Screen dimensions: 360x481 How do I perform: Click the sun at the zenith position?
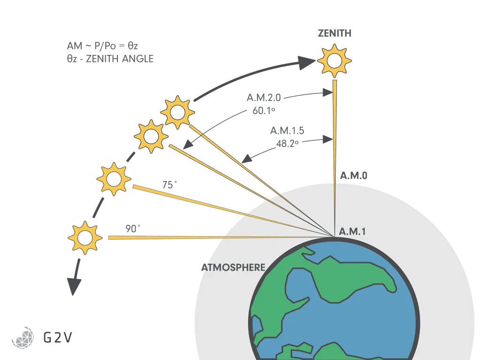click(x=334, y=61)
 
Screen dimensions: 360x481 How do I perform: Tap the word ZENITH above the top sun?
click(x=334, y=33)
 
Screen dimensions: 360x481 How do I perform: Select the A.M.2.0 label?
click(x=264, y=97)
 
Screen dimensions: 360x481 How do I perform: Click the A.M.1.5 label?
click(x=287, y=130)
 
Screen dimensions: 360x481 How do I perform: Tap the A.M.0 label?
click(x=353, y=176)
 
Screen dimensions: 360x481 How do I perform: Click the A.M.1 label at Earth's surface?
click(x=352, y=232)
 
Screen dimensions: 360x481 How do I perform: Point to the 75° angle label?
click(x=168, y=185)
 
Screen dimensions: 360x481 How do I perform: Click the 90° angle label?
click(x=133, y=229)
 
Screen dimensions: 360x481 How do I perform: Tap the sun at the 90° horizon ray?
click(x=84, y=237)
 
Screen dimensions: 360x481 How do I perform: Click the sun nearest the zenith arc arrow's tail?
click(x=177, y=112)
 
